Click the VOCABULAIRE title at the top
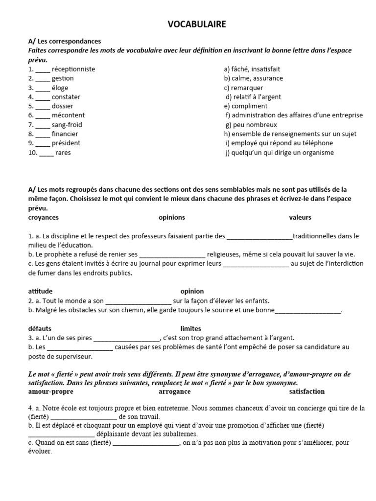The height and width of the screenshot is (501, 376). [x=197, y=24]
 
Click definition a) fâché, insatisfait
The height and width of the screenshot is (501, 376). [x=252, y=69]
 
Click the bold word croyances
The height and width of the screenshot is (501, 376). [x=44, y=217]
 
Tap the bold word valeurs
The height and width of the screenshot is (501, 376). [x=300, y=217]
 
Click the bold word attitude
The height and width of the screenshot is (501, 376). [x=40, y=291]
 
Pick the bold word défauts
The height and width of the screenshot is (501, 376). [x=40, y=328]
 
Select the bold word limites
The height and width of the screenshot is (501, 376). [x=190, y=328]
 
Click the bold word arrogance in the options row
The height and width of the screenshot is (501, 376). [x=175, y=391]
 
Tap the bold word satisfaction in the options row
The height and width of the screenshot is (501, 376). [x=306, y=391]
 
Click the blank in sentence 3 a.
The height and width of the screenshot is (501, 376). [x=126, y=338]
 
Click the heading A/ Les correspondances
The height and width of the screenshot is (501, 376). [x=65, y=42]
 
